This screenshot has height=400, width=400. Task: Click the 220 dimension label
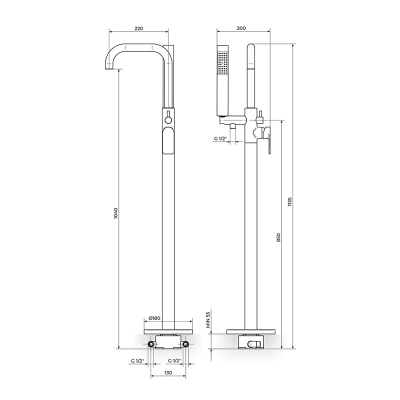[139, 28]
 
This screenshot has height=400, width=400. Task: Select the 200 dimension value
[241, 28]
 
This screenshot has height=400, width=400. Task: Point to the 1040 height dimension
[115, 213]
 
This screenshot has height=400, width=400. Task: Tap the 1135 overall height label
[289, 201]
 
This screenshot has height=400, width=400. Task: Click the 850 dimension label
[278, 238]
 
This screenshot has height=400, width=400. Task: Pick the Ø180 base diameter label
[154, 318]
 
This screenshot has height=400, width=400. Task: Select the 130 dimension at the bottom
[168, 372]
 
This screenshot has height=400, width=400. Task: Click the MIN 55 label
[209, 318]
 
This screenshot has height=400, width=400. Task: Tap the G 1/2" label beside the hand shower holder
[220, 138]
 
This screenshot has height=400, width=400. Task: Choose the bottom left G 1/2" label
[138, 360]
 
